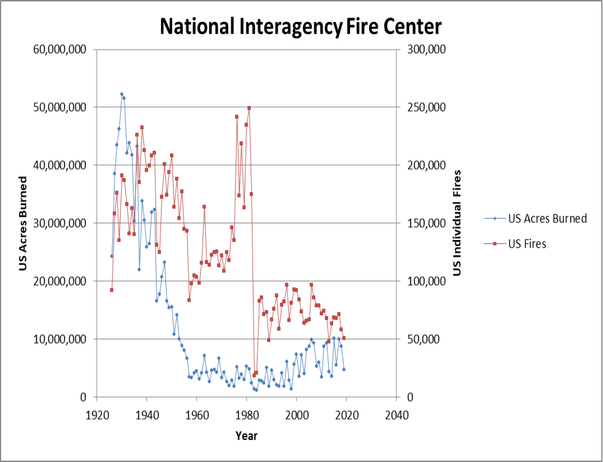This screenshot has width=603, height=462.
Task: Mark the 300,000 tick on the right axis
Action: (426, 49)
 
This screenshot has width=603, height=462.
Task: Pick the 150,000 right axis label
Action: (426, 223)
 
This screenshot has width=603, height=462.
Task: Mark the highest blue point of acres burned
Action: (122, 94)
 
